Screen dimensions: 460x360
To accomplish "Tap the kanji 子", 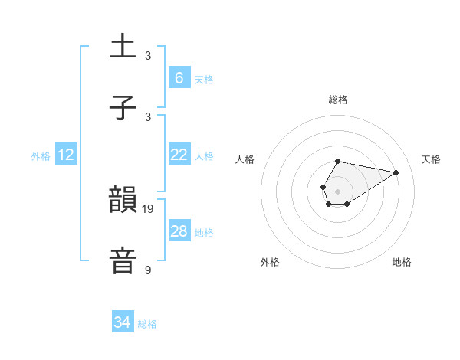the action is pyautogui.click(x=123, y=109).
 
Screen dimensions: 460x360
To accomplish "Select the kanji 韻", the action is pyautogui.click(x=123, y=201).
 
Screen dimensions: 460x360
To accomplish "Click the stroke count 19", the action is pyautogui.click(x=148, y=208).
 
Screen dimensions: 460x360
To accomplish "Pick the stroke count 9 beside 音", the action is pyautogui.click(x=148, y=270).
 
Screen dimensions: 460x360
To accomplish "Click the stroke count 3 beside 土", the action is pyautogui.click(x=148, y=56).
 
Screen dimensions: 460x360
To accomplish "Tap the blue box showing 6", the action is pyautogui.click(x=179, y=77).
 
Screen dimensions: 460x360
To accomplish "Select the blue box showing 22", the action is pyautogui.click(x=179, y=155).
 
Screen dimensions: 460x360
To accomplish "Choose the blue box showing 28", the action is pyautogui.click(x=179, y=231).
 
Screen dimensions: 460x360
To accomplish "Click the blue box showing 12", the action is pyautogui.click(x=66, y=155).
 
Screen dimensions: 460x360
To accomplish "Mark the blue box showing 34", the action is pyautogui.click(x=123, y=323).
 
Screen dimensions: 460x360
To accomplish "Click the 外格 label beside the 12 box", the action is pyautogui.click(x=41, y=156).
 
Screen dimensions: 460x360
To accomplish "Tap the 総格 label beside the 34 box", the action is pyautogui.click(x=147, y=325).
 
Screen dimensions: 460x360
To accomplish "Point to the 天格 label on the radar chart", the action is pyautogui.click(x=432, y=159).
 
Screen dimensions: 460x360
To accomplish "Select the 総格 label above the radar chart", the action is pyautogui.click(x=337, y=100).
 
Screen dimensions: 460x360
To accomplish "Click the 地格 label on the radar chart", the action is pyautogui.click(x=402, y=262).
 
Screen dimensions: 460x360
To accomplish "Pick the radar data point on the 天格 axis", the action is pyautogui.click(x=396, y=172).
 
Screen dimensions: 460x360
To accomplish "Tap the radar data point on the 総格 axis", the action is pyautogui.click(x=337, y=162).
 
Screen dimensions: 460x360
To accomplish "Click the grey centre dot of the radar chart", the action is pyautogui.click(x=337, y=191).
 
